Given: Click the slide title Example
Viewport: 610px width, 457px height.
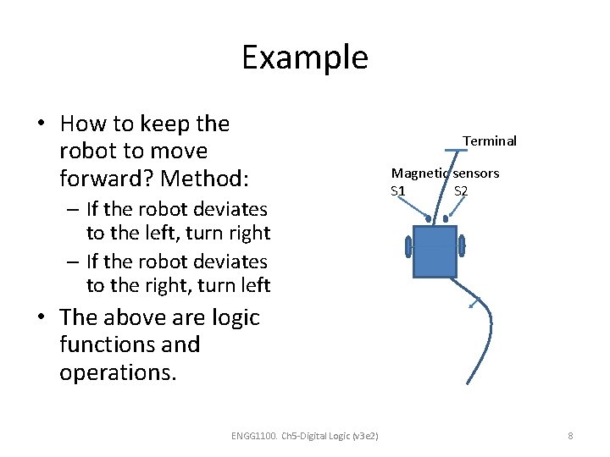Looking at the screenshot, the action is pos(304,58).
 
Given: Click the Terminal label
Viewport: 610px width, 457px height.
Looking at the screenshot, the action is pos(489,141).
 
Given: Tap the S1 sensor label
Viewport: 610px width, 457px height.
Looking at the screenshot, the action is pos(398,191).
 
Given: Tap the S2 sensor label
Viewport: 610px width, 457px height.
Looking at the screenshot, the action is pos(461,191).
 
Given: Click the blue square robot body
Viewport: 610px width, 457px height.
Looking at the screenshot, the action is pos(435,251).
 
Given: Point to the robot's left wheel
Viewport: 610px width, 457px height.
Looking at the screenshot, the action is pos(408,246).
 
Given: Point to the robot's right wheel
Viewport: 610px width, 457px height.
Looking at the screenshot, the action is pos(462,245).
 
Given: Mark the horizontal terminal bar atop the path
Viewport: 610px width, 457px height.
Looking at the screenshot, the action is pos(457,151).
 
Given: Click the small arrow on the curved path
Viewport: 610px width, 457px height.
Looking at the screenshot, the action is pos(476,301).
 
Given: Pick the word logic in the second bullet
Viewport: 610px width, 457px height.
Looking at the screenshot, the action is pos(230,317).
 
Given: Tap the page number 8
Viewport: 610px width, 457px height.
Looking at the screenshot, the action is pos(570,436).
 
